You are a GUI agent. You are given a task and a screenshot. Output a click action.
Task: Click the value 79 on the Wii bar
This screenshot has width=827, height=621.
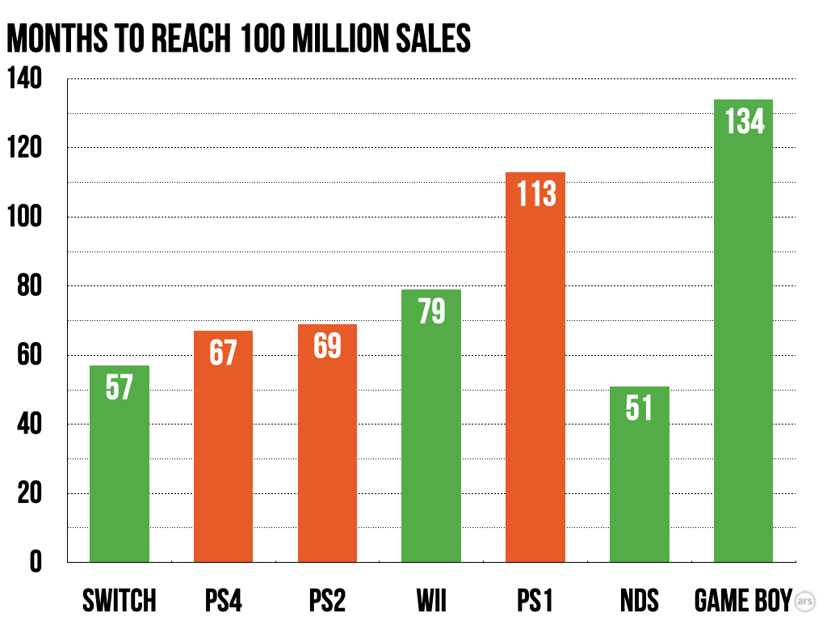pos(431,310)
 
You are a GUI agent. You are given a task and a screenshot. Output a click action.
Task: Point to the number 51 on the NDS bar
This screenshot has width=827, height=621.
pos(639,408)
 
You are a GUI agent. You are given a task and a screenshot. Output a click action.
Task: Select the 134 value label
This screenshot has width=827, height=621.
pos(744,121)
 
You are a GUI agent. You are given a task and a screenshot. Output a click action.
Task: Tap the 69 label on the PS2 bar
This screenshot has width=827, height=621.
pos(327,345)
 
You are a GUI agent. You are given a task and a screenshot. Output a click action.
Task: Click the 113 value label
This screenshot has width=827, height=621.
pos(535,193)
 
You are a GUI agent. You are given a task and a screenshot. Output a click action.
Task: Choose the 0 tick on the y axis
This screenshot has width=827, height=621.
pos(35,562)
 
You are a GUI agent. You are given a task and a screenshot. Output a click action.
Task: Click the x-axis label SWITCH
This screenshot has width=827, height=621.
pos(120,601)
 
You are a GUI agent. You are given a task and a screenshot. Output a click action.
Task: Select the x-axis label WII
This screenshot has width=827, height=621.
pos(430,601)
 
